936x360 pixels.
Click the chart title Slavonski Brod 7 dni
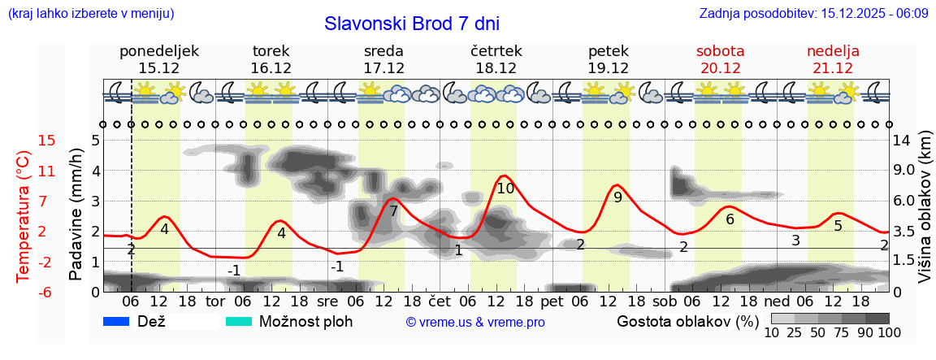pos(412,23)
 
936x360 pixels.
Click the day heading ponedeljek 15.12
pos(159,59)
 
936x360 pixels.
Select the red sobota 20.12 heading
pos(721,59)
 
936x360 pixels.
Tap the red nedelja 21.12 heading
pos(833,59)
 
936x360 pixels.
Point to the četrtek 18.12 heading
pos(496,59)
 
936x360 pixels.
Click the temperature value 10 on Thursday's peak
pos(505,189)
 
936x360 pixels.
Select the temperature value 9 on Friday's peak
pos(617,197)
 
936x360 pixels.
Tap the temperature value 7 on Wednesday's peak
pos(393,211)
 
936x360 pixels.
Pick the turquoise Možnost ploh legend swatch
pos(239,321)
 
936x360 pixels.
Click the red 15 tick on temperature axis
pos(24,141)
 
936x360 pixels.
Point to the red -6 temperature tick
pos(24,292)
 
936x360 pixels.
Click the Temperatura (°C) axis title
pos(24,216)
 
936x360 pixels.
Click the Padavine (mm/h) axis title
pos(76,215)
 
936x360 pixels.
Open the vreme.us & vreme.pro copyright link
pos(475,323)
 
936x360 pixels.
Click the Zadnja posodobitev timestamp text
pos(813,14)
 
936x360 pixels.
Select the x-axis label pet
pos(552,301)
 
